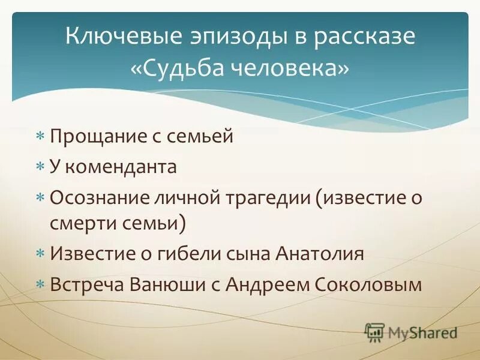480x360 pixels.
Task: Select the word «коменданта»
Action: tap(121, 166)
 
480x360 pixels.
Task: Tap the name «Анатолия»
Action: tap(320, 253)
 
